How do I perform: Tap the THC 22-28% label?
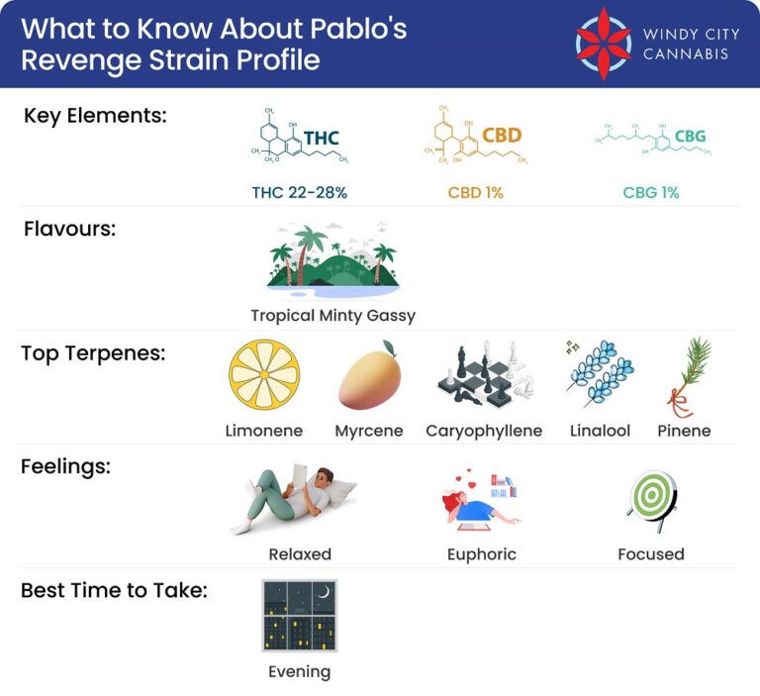(x=299, y=193)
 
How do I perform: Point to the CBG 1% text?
(x=650, y=193)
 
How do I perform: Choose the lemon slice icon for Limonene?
(x=263, y=375)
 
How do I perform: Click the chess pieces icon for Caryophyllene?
(x=483, y=377)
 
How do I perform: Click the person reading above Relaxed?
(x=299, y=499)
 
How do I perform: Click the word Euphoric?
(x=482, y=554)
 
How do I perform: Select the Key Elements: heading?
(x=95, y=115)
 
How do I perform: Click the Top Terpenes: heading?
(x=95, y=353)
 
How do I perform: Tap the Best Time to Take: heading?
(x=114, y=591)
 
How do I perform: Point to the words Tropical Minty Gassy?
(x=332, y=316)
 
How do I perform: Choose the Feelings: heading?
(x=65, y=466)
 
